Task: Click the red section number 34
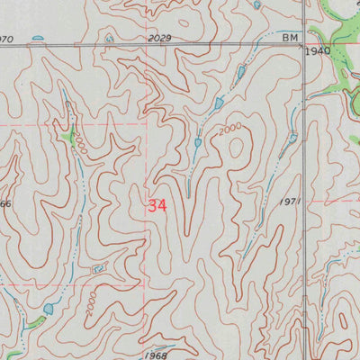pyautogui.click(x=157, y=205)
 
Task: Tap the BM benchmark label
pyautogui.click(x=289, y=37)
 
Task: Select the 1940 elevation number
pyautogui.click(x=319, y=52)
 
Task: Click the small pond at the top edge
pyautogui.click(x=257, y=4)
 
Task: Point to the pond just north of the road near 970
pyautogui.click(x=38, y=38)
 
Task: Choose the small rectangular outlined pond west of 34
pyautogui.click(x=97, y=266)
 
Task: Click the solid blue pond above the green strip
pyautogui.click(x=48, y=308)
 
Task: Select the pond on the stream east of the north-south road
pyautogui.click(x=292, y=136)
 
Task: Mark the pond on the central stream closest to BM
pyautogui.click(x=240, y=70)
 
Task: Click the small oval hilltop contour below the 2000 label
pyautogui.click(x=236, y=148)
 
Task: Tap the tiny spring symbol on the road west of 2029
pyautogui.click(x=110, y=39)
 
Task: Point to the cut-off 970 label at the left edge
pyautogui.click(x=6, y=39)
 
